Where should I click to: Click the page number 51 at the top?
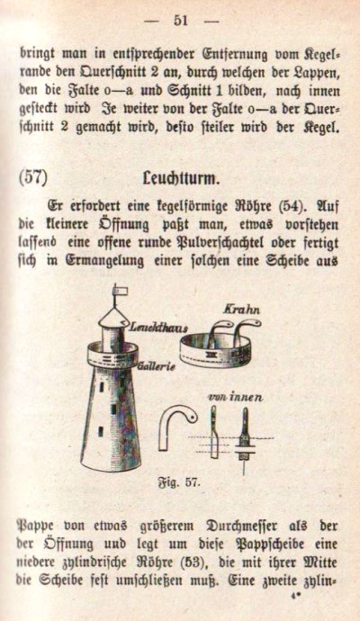[x=180, y=20]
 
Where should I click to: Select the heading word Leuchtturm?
[x=181, y=179]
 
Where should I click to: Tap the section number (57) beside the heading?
[x=33, y=177]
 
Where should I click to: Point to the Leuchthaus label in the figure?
[x=158, y=327]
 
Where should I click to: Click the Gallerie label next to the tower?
[x=157, y=366]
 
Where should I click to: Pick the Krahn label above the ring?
[x=241, y=310]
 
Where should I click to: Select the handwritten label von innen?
[x=235, y=397]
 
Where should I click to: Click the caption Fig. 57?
[x=180, y=482]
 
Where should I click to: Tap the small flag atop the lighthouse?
[x=121, y=291]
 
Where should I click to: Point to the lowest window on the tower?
[x=101, y=431]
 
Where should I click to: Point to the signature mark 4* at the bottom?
[x=294, y=595]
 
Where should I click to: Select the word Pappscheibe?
[x=274, y=545]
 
